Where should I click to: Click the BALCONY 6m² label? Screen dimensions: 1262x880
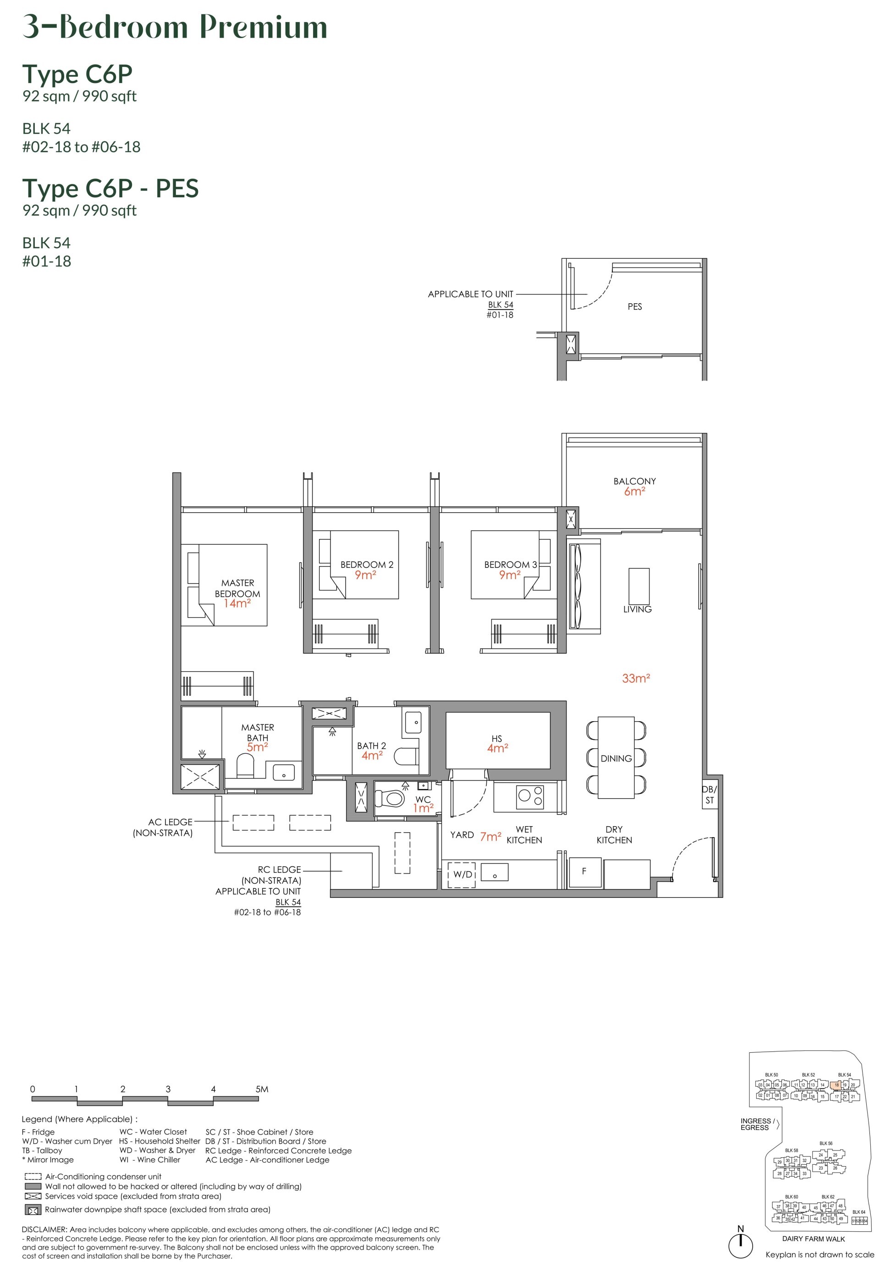(634, 486)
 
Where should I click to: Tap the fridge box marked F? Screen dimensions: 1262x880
(583, 871)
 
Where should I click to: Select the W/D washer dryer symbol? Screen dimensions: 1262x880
(462, 874)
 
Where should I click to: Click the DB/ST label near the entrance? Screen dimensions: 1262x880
(709, 795)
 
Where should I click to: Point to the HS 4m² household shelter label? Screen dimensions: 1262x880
(497, 743)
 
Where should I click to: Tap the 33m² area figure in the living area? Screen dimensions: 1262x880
(636, 678)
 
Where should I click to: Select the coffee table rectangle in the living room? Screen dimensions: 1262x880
(638, 586)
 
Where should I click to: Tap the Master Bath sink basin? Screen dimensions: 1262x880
(283, 772)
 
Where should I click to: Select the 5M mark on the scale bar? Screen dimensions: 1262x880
(261, 1089)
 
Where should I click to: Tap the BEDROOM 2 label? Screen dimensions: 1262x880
(366, 565)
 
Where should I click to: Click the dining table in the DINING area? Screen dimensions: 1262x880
(616, 757)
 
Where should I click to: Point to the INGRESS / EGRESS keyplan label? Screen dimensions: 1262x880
(756, 1124)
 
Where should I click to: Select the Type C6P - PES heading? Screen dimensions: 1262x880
(110, 189)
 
